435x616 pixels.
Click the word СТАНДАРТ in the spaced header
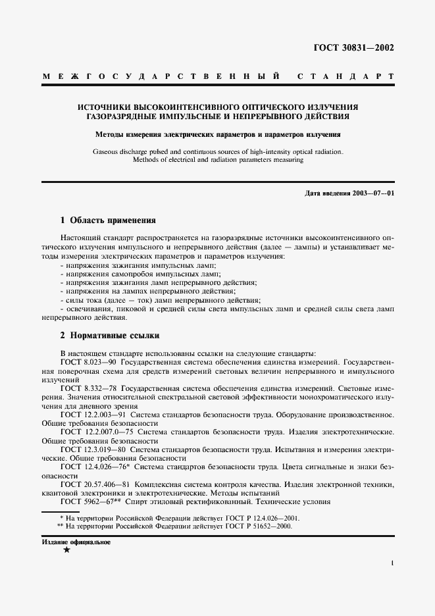(345, 77)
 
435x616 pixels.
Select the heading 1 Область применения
(108, 220)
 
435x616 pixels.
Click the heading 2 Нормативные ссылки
(110, 335)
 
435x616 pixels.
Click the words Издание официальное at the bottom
(76, 542)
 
